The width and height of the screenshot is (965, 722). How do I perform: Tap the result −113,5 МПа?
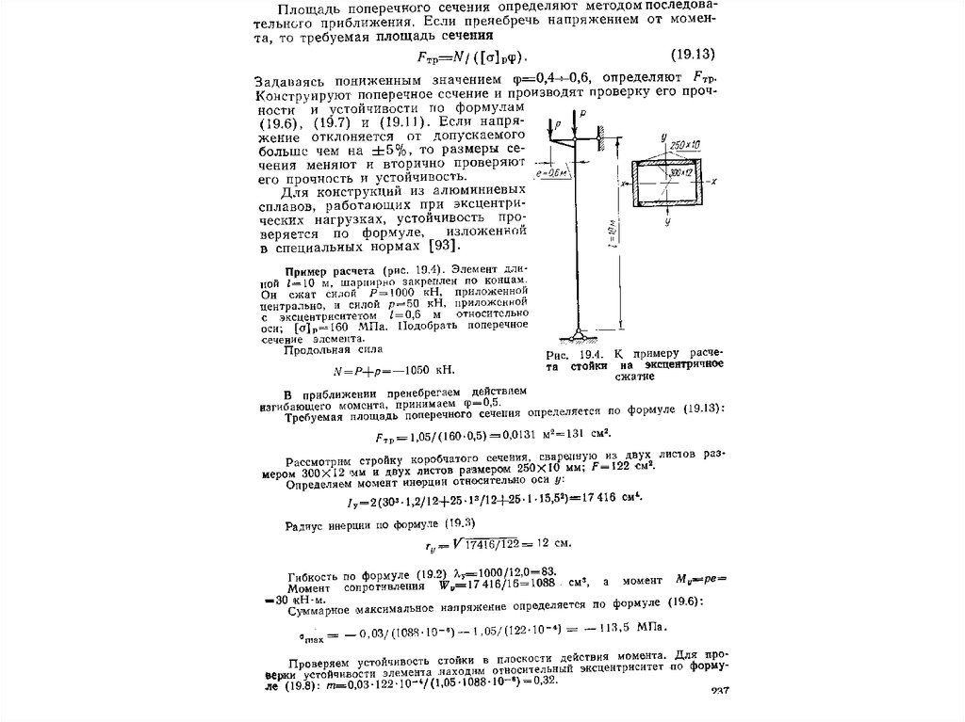click(x=633, y=627)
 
